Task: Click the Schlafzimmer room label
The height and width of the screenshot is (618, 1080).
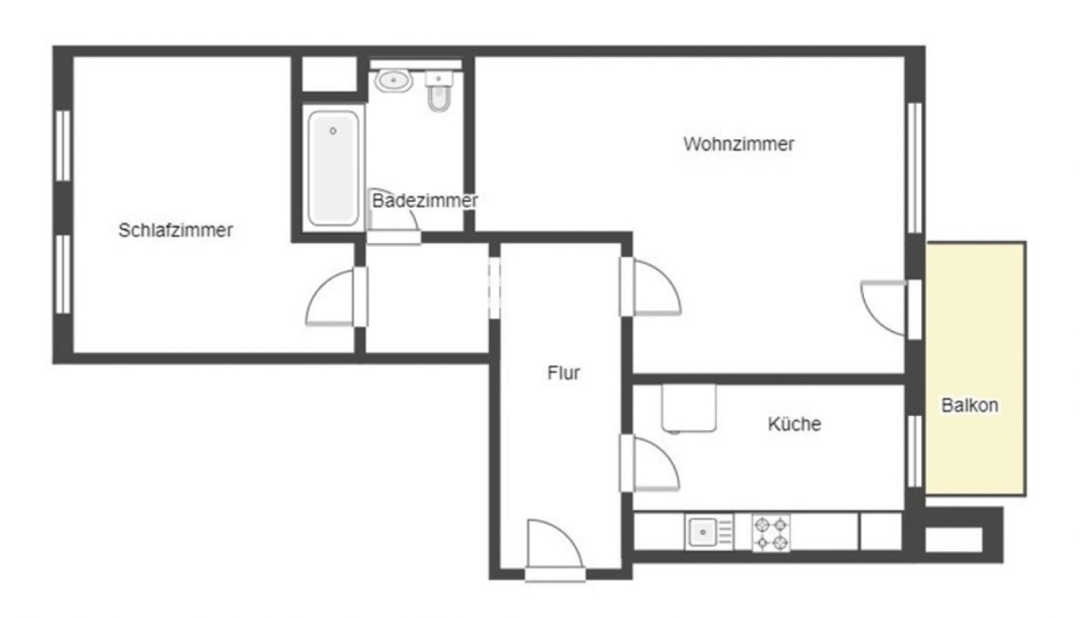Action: click(176, 230)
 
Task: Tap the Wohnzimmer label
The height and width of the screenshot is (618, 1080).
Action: click(738, 144)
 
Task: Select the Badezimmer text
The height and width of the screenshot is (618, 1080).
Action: click(424, 201)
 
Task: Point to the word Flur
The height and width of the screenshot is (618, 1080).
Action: click(563, 372)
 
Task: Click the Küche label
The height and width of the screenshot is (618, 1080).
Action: click(794, 424)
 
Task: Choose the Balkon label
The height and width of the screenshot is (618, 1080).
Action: click(970, 405)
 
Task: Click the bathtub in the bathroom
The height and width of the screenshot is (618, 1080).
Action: click(333, 168)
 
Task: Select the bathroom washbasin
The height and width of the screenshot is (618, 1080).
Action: click(394, 81)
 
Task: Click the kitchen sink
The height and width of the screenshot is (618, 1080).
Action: click(704, 531)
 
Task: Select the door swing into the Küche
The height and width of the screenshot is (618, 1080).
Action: click(655, 463)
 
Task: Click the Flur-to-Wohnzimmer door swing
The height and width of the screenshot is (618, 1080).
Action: click(656, 287)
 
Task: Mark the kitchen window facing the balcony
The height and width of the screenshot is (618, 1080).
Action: click(915, 451)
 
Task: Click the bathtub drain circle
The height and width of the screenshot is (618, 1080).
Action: click(333, 131)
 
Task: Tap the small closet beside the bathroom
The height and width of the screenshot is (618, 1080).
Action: click(329, 73)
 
